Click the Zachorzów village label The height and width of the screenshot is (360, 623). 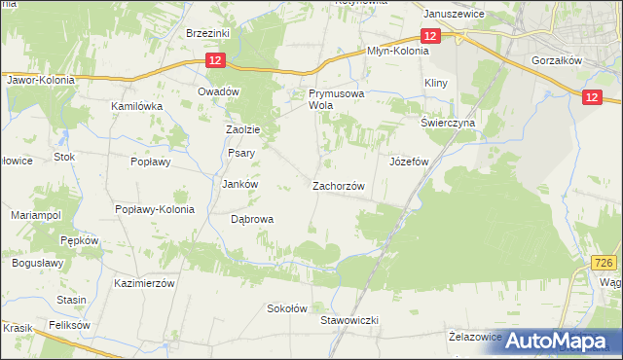click(338, 186)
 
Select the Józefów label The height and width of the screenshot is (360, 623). click(410, 162)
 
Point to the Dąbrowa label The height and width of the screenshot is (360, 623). click(252, 220)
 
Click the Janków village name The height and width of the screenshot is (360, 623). click(240, 184)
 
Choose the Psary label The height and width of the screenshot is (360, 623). click(240, 153)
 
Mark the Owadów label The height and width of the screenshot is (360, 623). click(218, 91)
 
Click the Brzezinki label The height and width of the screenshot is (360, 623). click(207, 32)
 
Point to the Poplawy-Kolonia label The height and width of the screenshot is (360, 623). click(155, 209)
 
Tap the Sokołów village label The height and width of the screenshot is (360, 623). click(287, 308)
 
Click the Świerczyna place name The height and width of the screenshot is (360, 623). click(447, 124)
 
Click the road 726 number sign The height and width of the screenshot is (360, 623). click(605, 264)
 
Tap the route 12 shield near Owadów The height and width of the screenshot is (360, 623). click(216, 61)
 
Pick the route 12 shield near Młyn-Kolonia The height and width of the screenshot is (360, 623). click(433, 36)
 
